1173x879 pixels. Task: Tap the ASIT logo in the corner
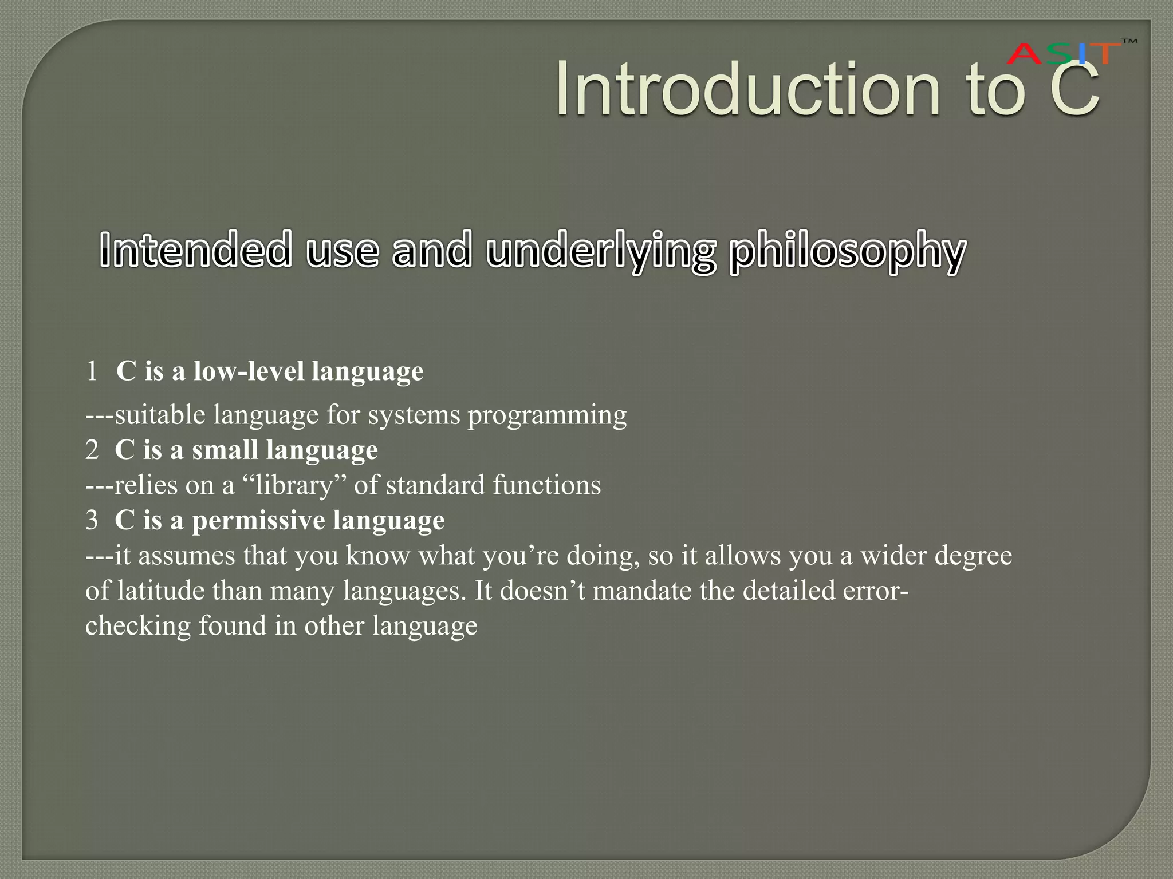click(x=1063, y=54)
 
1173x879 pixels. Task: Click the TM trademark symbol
click(x=1129, y=41)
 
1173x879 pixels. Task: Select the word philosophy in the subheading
click(x=847, y=252)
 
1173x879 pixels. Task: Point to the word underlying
click(x=601, y=252)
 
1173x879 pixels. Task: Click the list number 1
click(x=92, y=371)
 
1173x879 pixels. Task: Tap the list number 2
click(x=92, y=450)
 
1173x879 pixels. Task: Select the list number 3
click(x=92, y=520)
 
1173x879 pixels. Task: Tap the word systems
click(x=414, y=414)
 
